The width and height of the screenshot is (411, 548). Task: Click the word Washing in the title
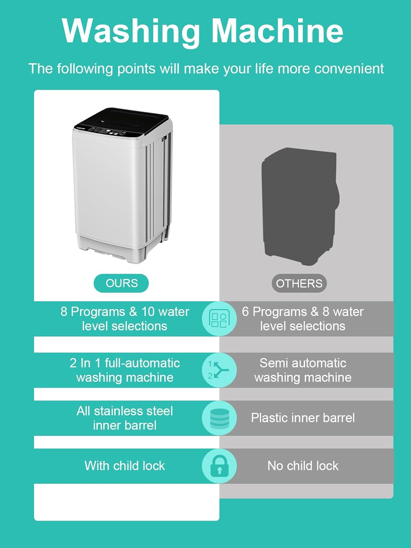[x=131, y=32]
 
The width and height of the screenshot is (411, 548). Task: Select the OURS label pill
[x=121, y=283]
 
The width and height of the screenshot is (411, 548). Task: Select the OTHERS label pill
[x=299, y=283]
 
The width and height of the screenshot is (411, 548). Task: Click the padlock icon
[x=219, y=466]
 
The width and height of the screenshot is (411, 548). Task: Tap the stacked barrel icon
[x=219, y=418]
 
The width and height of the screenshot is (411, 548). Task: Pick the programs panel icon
[x=219, y=319]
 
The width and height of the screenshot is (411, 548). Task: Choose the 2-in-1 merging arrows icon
[x=218, y=370]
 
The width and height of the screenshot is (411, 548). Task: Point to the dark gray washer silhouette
[x=300, y=206]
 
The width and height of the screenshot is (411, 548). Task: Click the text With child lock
[x=125, y=466]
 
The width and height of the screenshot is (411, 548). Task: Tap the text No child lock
[x=303, y=466]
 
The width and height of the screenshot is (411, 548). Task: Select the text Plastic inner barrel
[x=303, y=418]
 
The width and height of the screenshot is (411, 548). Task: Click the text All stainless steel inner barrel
[x=125, y=418]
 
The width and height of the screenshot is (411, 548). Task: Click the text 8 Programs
[x=93, y=312]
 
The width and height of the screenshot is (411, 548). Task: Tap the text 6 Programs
[x=274, y=312]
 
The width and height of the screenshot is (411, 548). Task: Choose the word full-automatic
[x=142, y=363]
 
